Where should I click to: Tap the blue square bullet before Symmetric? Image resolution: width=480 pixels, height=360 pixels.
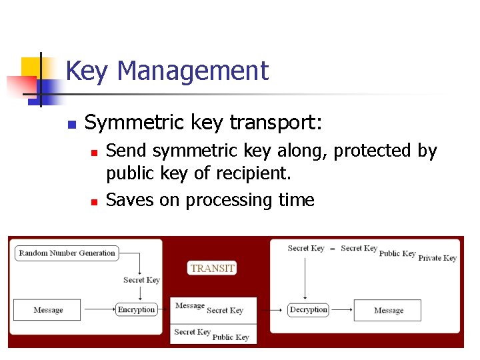click(73, 124)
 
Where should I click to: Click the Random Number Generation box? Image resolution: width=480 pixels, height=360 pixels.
click(67, 253)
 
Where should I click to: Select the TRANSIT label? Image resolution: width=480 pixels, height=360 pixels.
click(213, 268)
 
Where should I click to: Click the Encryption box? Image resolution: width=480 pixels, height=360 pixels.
click(136, 309)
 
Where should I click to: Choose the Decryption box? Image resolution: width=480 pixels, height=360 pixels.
click(309, 309)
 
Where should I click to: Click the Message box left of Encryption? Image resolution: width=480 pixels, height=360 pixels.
click(48, 309)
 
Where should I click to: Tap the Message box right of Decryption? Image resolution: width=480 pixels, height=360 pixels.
click(388, 310)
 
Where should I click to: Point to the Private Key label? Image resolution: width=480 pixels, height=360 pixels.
click(437, 258)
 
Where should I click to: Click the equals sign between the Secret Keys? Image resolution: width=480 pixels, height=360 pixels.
click(332, 248)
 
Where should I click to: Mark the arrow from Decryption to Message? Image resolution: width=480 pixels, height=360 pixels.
click(341, 309)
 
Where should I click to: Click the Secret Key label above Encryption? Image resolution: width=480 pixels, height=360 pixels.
click(141, 280)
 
